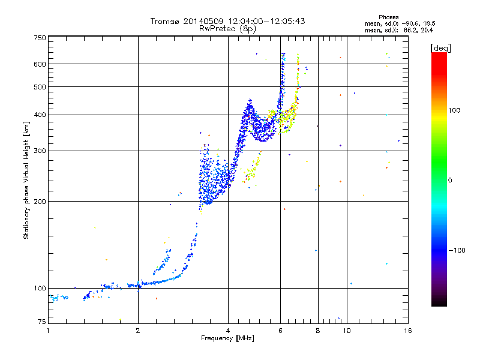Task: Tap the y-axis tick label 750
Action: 40,38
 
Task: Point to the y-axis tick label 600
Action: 40,64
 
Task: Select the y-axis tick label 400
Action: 40,115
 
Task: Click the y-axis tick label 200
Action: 40,201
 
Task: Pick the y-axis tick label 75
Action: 41,323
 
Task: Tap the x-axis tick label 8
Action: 318,331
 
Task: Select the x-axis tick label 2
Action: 138,331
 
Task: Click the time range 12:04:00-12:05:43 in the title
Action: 261,21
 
